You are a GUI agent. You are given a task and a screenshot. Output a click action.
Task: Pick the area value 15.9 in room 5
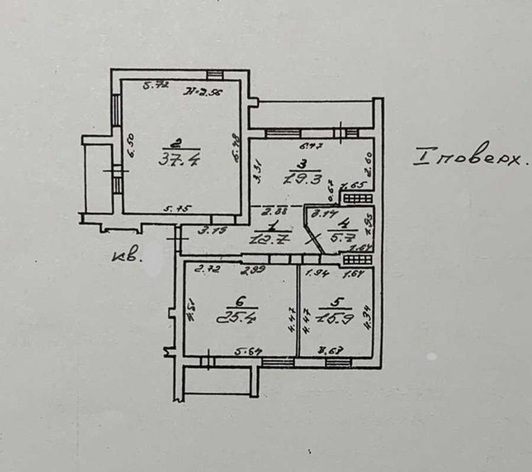[336, 316]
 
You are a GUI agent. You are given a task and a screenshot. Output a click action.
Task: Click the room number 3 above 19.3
[304, 163]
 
